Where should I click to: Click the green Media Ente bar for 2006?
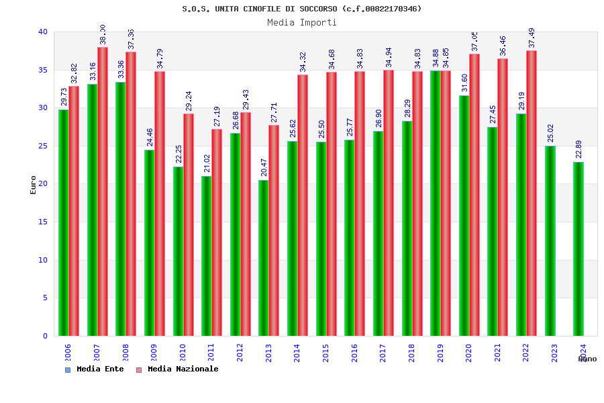(x=63, y=222)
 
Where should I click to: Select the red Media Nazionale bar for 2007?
(x=103, y=191)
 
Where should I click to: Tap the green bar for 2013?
(x=263, y=258)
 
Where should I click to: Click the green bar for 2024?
(x=578, y=249)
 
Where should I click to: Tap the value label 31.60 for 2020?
(x=464, y=82)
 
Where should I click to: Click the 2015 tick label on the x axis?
(x=326, y=353)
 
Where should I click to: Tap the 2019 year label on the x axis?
(x=440, y=353)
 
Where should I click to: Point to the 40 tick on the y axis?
(x=43, y=32)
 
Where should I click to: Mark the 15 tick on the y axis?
(x=43, y=222)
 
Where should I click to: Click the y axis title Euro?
(x=33, y=185)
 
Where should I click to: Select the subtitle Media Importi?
(x=302, y=22)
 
